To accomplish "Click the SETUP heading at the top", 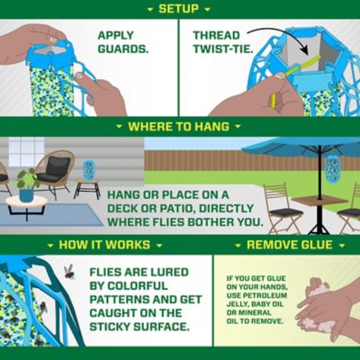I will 179,8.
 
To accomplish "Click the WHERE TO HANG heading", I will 179,127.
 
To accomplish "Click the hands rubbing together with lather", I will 324,301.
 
